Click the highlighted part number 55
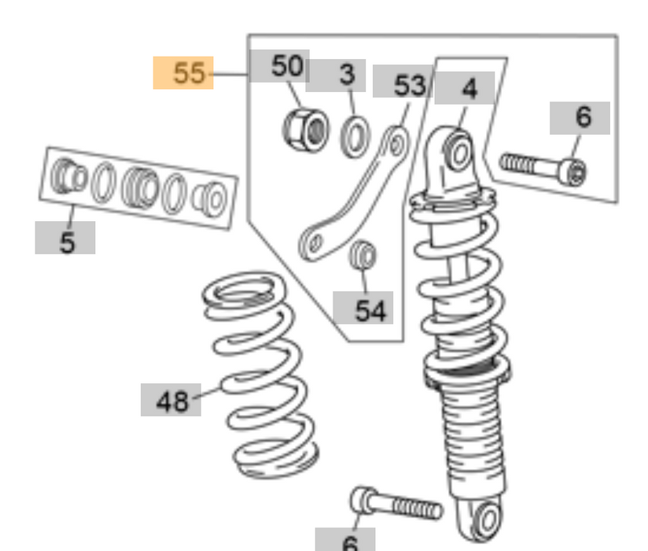point(183,73)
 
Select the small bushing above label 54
point(363,255)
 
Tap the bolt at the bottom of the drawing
point(396,504)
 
